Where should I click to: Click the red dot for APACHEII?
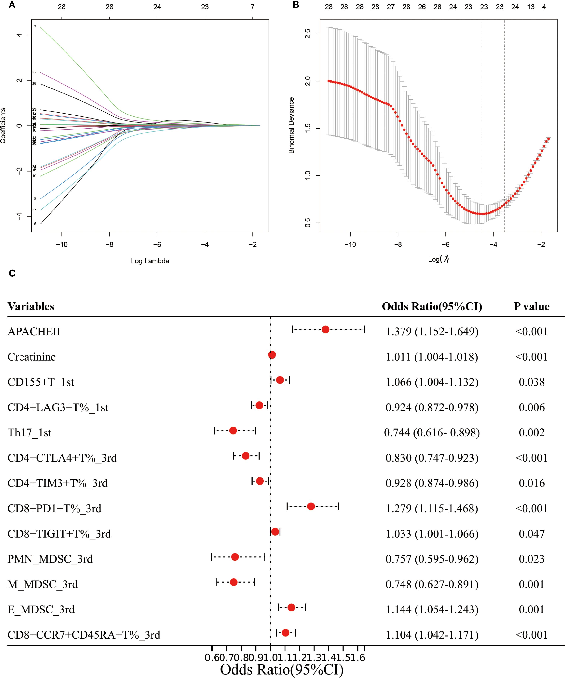pos(325,330)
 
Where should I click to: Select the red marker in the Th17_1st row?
pos(233,430)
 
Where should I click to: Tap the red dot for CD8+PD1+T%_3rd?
pos(311,506)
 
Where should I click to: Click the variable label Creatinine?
pos(32,357)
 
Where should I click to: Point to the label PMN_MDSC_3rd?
pos(50,559)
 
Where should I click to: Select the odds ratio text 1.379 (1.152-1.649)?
pos(432,332)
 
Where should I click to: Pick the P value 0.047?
pos(532,534)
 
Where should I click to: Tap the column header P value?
pos(532,306)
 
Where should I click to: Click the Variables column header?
pos(31,306)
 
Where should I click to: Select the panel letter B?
pos(296,5)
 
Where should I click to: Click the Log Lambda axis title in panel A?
pos(150,261)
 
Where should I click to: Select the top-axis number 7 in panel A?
pos(253,7)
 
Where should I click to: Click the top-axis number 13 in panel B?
pos(531,7)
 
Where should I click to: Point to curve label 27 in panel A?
pos(34,210)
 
